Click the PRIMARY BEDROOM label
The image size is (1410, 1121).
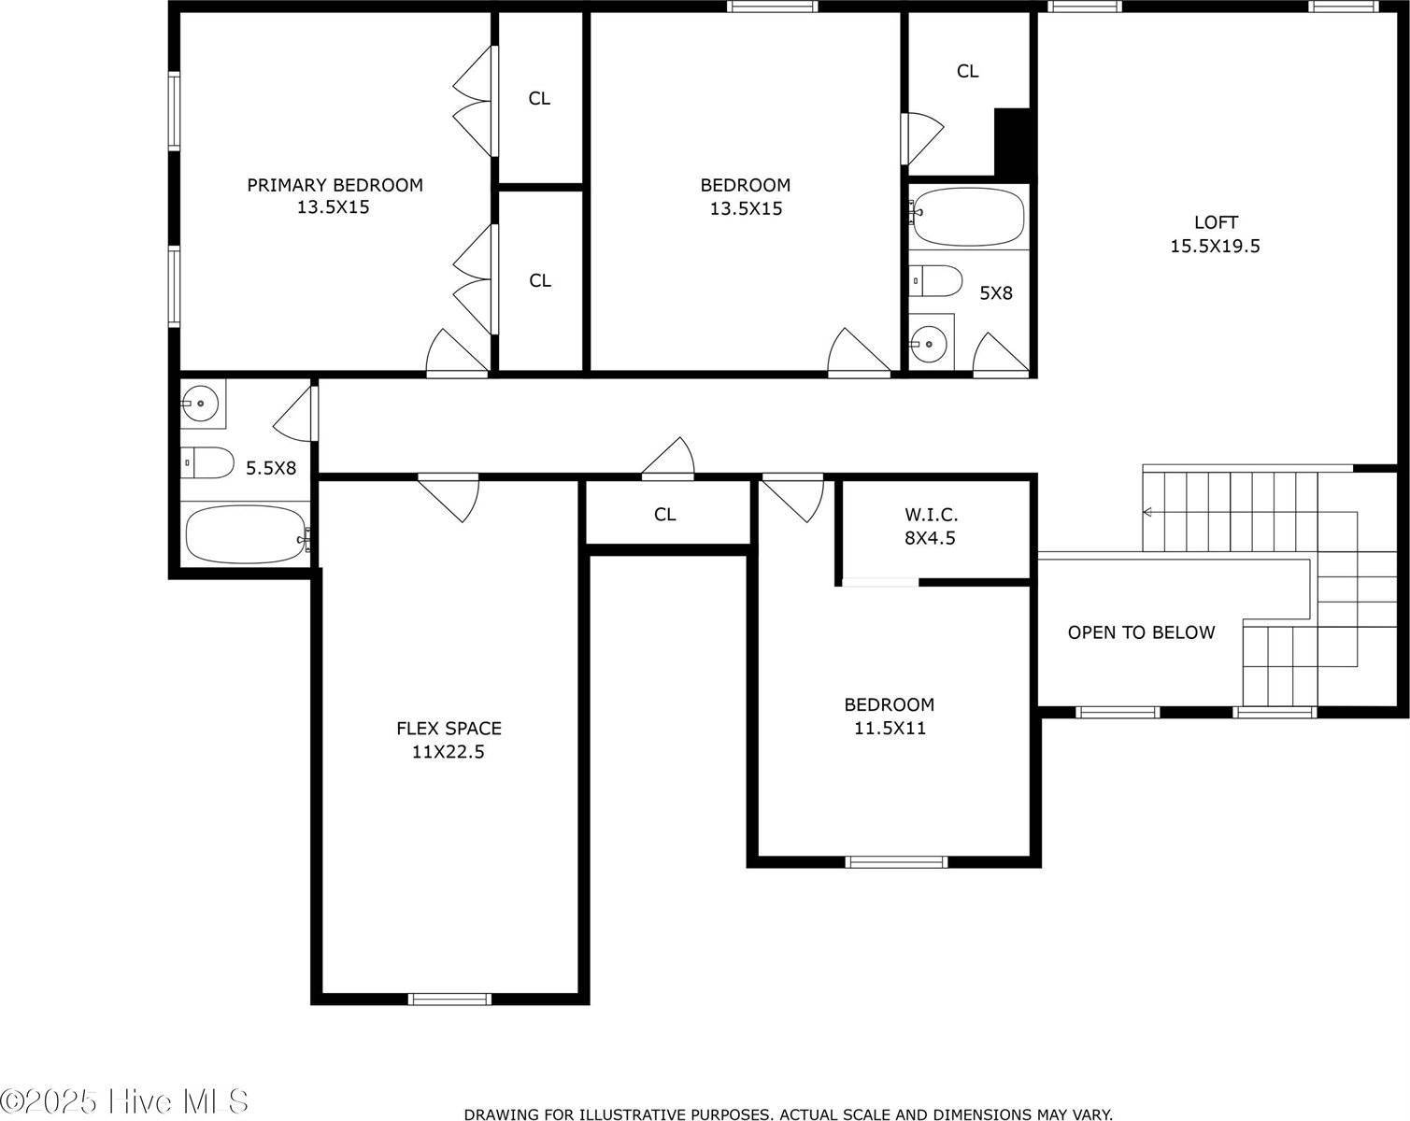[x=335, y=185]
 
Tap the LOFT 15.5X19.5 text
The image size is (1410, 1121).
[x=1216, y=234]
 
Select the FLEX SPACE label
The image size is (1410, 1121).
[x=449, y=729]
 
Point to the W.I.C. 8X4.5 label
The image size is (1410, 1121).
[x=931, y=526]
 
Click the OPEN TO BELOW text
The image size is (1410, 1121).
[x=1141, y=632]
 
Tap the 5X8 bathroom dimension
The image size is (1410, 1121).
[x=995, y=293]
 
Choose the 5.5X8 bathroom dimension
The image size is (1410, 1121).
[x=271, y=468]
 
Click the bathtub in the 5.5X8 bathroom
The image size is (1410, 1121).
[x=245, y=534]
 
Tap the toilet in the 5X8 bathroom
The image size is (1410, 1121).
[x=937, y=279]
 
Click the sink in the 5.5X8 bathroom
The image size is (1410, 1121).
[x=200, y=404]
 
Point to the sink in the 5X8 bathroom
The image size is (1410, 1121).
[x=930, y=344]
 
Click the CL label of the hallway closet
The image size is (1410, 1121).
[x=664, y=515]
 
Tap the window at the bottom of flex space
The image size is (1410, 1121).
[x=449, y=1000]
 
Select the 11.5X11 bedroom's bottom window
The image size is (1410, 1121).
[x=895, y=861]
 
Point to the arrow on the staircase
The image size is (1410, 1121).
[x=1148, y=512]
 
